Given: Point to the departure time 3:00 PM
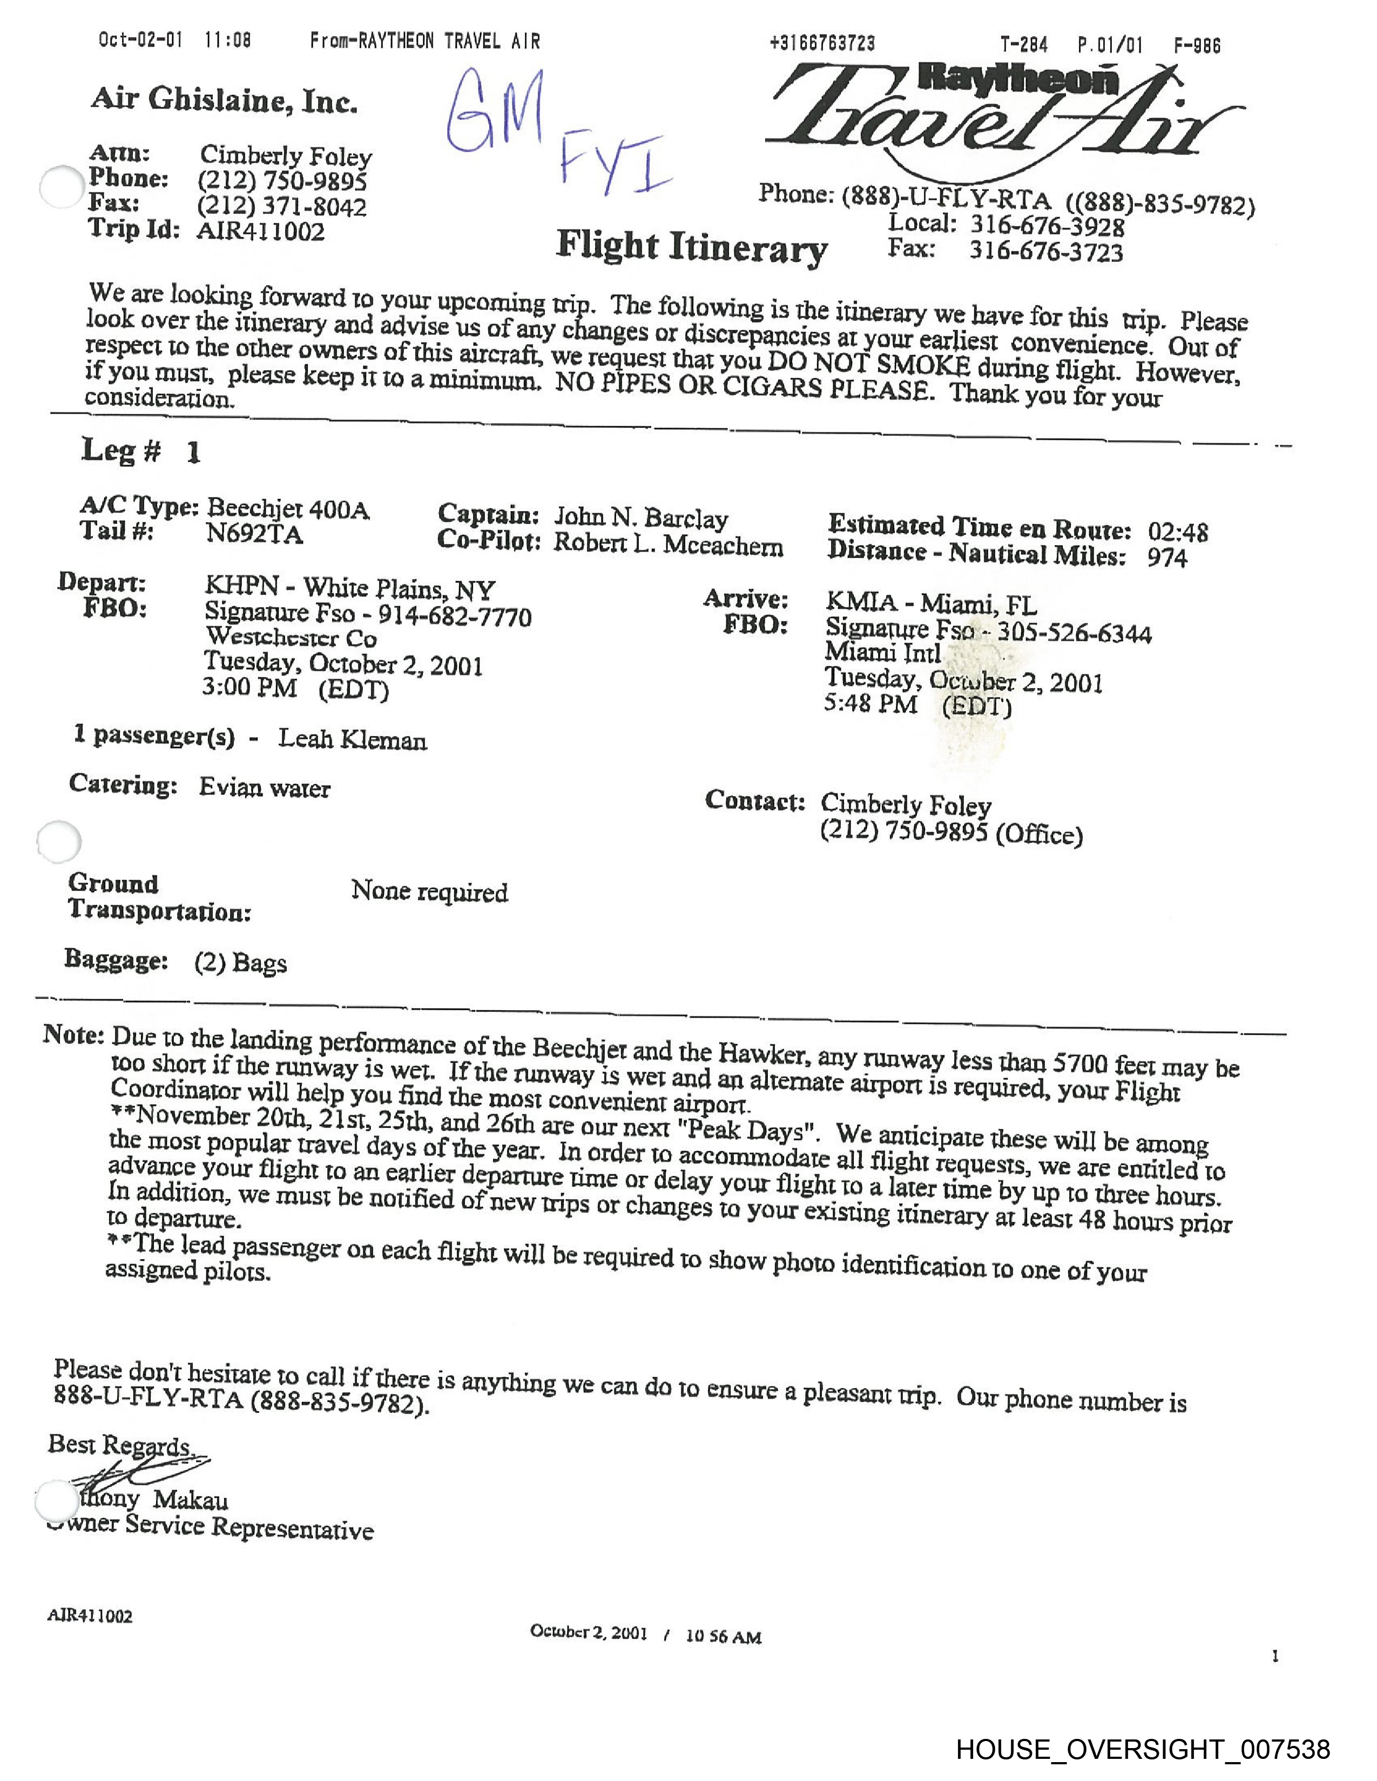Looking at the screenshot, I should click(x=249, y=688).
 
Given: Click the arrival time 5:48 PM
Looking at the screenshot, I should click(x=870, y=703).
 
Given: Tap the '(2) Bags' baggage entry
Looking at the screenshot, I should click(x=241, y=963).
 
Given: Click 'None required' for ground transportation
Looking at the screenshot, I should click(x=429, y=892).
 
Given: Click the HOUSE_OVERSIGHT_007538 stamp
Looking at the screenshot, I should click(x=1143, y=1749).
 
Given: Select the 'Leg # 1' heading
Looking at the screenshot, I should click(x=140, y=451).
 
